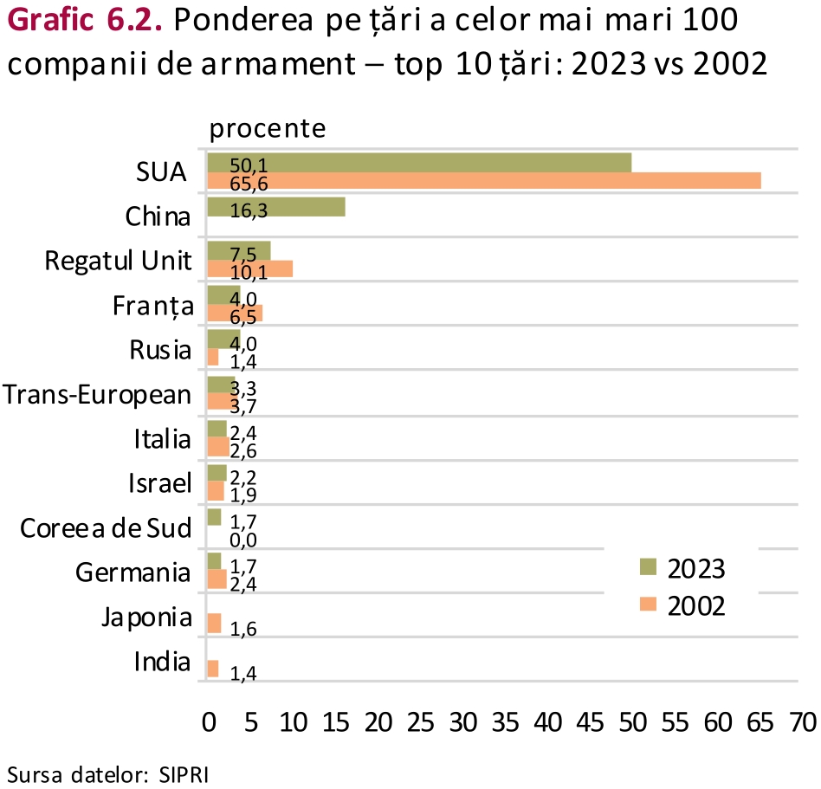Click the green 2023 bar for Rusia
point(223,339)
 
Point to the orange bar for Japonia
point(214,624)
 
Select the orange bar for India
point(213,668)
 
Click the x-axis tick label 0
point(208,722)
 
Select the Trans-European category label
point(97,395)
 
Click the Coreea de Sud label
point(105,527)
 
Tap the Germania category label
point(133,572)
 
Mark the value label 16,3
point(249,208)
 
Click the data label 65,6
point(249,183)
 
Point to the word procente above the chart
point(268,129)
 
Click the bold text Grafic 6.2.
point(83,21)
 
